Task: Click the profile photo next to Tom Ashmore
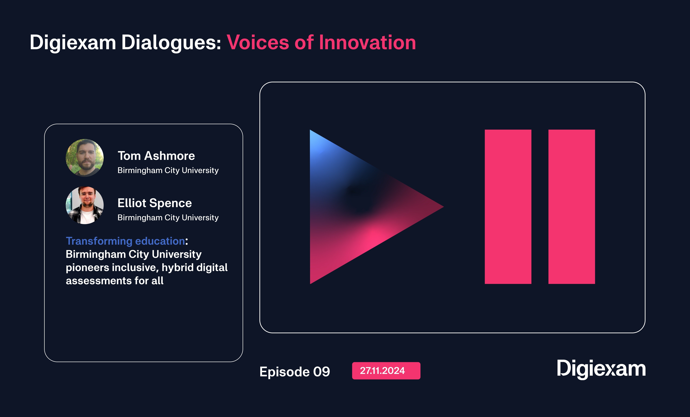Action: point(85,158)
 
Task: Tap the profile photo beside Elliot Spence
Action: point(85,205)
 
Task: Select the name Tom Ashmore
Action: point(156,156)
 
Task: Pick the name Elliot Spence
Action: point(155,203)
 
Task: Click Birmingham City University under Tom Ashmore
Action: point(168,170)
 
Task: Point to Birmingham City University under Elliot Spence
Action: point(168,218)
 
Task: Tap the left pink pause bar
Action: point(508,207)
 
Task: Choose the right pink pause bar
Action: point(572,207)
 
